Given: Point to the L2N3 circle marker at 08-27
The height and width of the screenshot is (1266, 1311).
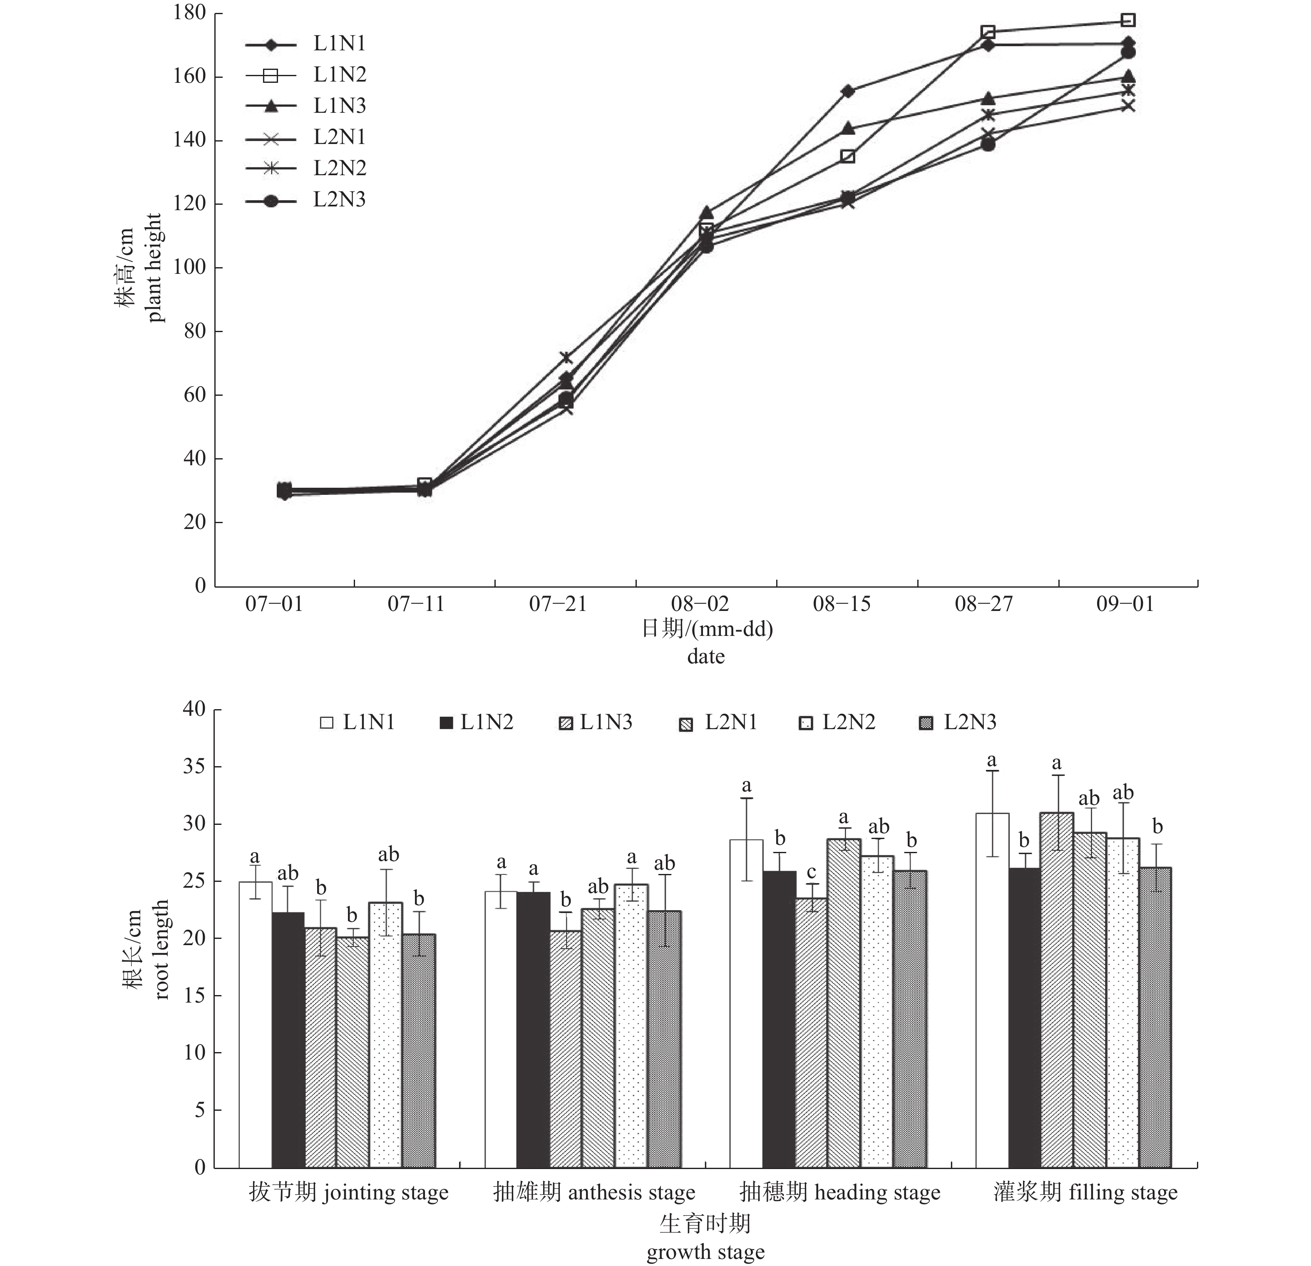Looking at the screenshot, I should [x=988, y=144].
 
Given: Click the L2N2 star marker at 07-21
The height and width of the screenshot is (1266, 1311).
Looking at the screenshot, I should [x=566, y=358].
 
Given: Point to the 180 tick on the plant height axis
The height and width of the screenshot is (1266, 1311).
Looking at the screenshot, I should [x=189, y=13].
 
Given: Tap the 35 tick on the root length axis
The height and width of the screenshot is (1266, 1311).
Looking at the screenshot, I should [x=194, y=767].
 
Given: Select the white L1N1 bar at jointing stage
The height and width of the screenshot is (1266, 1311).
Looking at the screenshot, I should [x=256, y=1023].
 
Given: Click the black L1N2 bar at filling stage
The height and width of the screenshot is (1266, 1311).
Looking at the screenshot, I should [x=1025, y=1017].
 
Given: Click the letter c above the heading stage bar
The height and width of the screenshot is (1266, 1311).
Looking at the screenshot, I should [x=811, y=872].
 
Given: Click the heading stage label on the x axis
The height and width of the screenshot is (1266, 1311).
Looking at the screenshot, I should [x=840, y=1192].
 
